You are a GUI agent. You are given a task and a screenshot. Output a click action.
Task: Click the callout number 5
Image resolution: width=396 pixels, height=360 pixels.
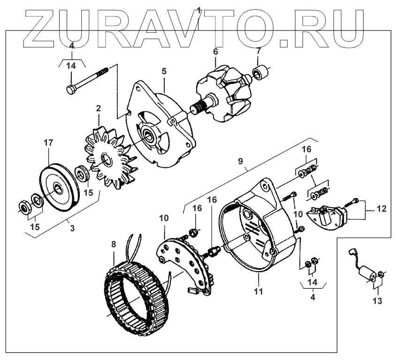pyautogui.click(x=164, y=71)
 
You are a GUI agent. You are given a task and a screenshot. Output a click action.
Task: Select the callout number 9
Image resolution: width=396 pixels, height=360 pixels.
pyautogui.click(x=241, y=162)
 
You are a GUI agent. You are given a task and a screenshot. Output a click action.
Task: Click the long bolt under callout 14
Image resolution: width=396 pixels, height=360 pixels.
pyautogui.click(x=89, y=79)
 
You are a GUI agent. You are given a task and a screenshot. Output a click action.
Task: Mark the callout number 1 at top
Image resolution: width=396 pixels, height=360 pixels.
pyautogui.click(x=199, y=10)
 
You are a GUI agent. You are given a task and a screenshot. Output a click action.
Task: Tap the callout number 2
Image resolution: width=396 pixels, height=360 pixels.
pyautogui.click(x=98, y=108)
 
